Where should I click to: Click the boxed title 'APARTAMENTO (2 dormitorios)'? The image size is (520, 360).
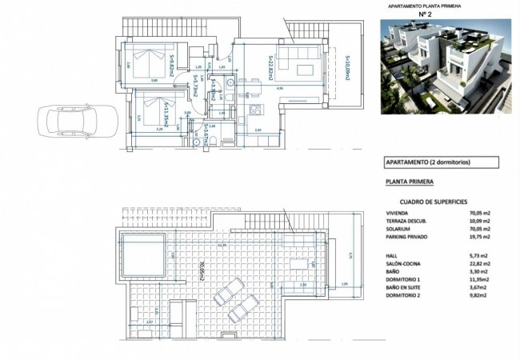pos(428,162)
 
